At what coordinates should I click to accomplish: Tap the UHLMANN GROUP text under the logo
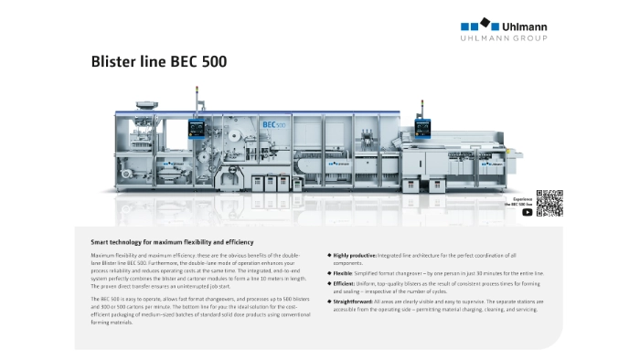[x=502, y=38]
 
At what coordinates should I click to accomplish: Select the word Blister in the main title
[x=112, y=63]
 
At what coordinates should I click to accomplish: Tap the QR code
[x=549, y=203]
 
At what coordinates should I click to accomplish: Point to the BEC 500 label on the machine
[x=247, y=122]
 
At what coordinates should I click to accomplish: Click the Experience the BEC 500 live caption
[x=521, y=201]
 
